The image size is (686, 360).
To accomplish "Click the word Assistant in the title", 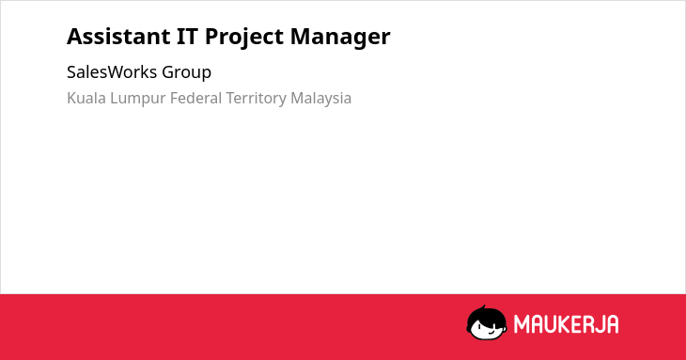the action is pos(118,37).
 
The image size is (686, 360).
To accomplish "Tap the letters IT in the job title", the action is pos(187,37).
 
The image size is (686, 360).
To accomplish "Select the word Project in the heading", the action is pos(244,38).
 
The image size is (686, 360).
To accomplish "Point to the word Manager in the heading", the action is pos(340,38).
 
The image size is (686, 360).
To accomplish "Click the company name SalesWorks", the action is pos(112,71).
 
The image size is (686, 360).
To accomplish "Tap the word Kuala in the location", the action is pos(86,98).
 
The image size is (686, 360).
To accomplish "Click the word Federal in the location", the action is pos(195,98).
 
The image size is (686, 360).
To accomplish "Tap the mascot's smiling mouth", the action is pos(491,332).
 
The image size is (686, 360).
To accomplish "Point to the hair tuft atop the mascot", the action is pos(483,307).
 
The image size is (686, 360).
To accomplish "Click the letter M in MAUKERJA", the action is pos(522,324).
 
